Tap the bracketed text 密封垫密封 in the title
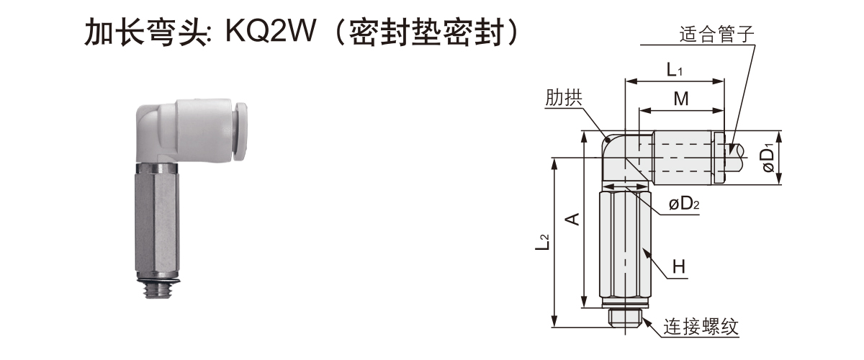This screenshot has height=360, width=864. (431, 32)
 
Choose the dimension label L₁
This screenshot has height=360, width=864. (675, 70)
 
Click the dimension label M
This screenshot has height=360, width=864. (680, 99)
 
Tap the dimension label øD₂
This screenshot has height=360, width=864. (684, 204)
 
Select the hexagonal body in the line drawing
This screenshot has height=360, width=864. (624, 245)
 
